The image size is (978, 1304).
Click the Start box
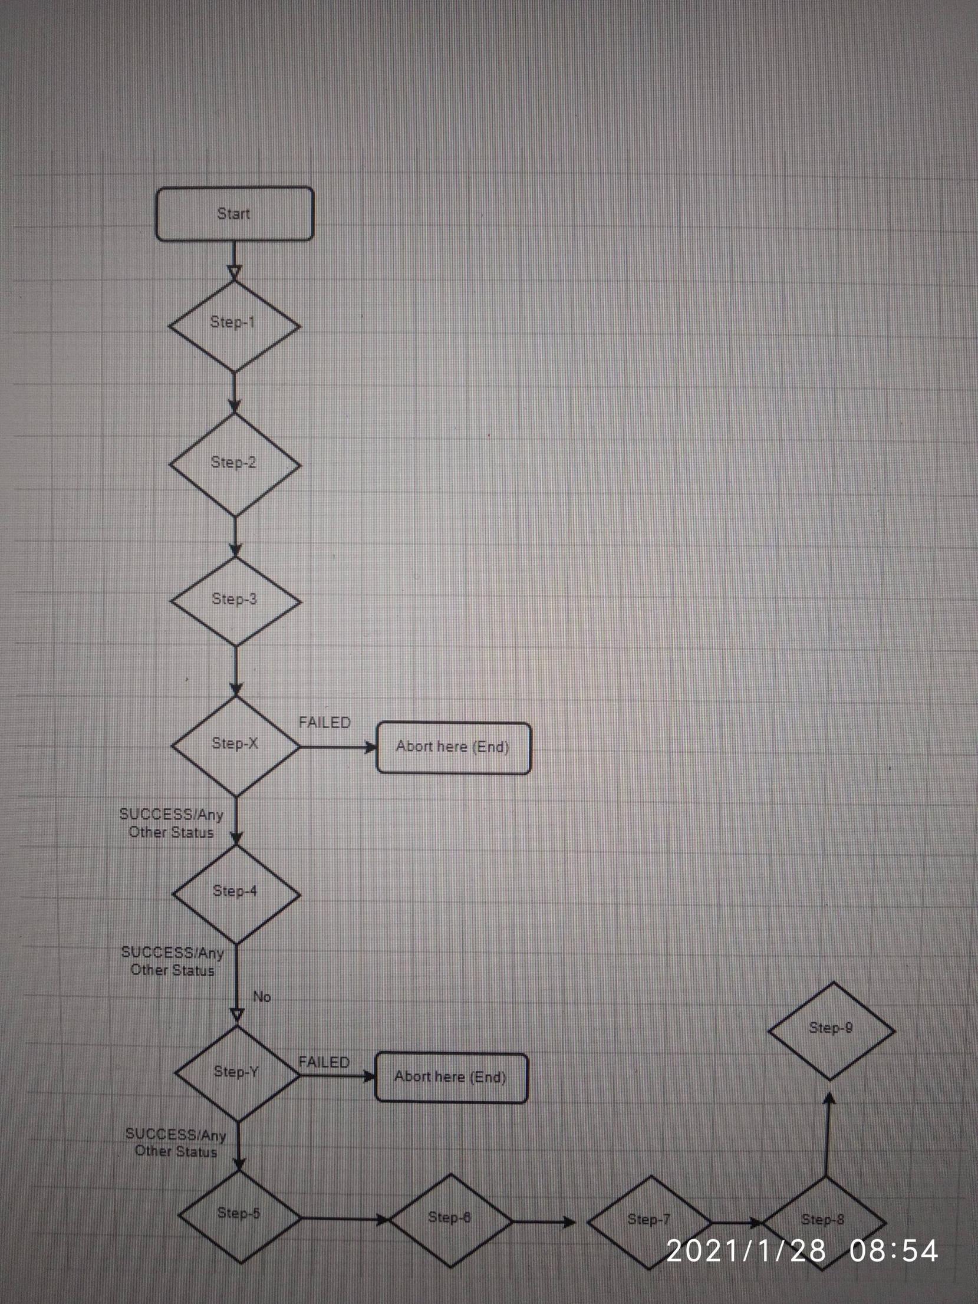coord(234,213)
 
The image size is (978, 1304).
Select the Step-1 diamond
coord(234,325)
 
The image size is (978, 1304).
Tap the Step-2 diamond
coord(235,464)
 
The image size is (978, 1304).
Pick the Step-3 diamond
coord(235,601)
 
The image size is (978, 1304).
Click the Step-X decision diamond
coord(236,745)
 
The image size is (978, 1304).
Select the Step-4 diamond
coord(236,893)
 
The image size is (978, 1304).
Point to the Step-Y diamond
coord(237,1073)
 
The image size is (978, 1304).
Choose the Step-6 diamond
coord(451,1220)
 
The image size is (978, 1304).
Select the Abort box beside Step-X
coord(453,748)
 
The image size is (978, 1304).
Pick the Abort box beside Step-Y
coord(451,1077)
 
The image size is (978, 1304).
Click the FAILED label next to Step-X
coord(324,723)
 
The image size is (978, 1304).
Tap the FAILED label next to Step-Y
coord(324,1062)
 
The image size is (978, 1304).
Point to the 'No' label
coord(262,996)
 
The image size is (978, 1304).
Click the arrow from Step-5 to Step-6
coord(345,1218)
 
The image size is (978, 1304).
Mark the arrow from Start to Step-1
coord(234,260)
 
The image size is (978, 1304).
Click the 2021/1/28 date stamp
coord(746,1251)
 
